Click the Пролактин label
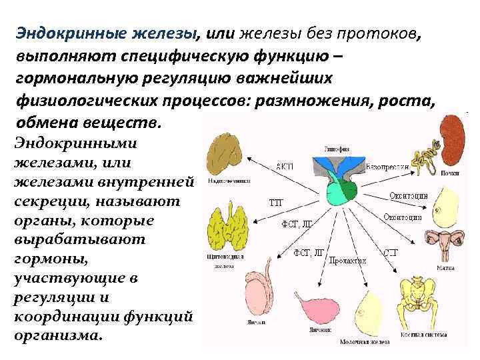tap(347, 260)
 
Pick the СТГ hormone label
tap(391, 253)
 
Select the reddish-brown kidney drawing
tap(453, 134)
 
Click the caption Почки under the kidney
tap(449, 173)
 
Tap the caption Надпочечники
tap(225, 181)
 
